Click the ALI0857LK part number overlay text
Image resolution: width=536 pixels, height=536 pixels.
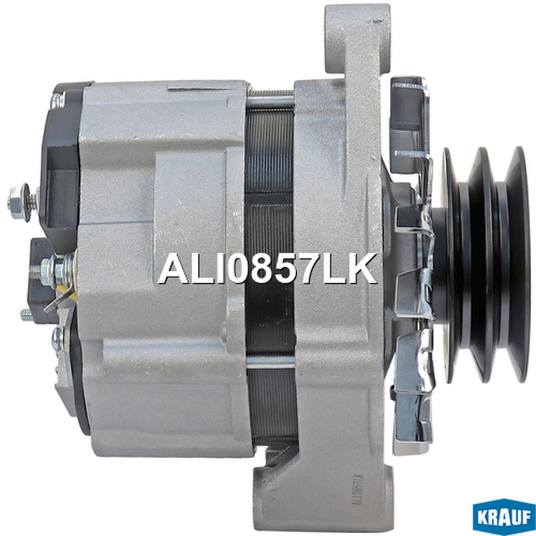[x=267, y=269]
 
